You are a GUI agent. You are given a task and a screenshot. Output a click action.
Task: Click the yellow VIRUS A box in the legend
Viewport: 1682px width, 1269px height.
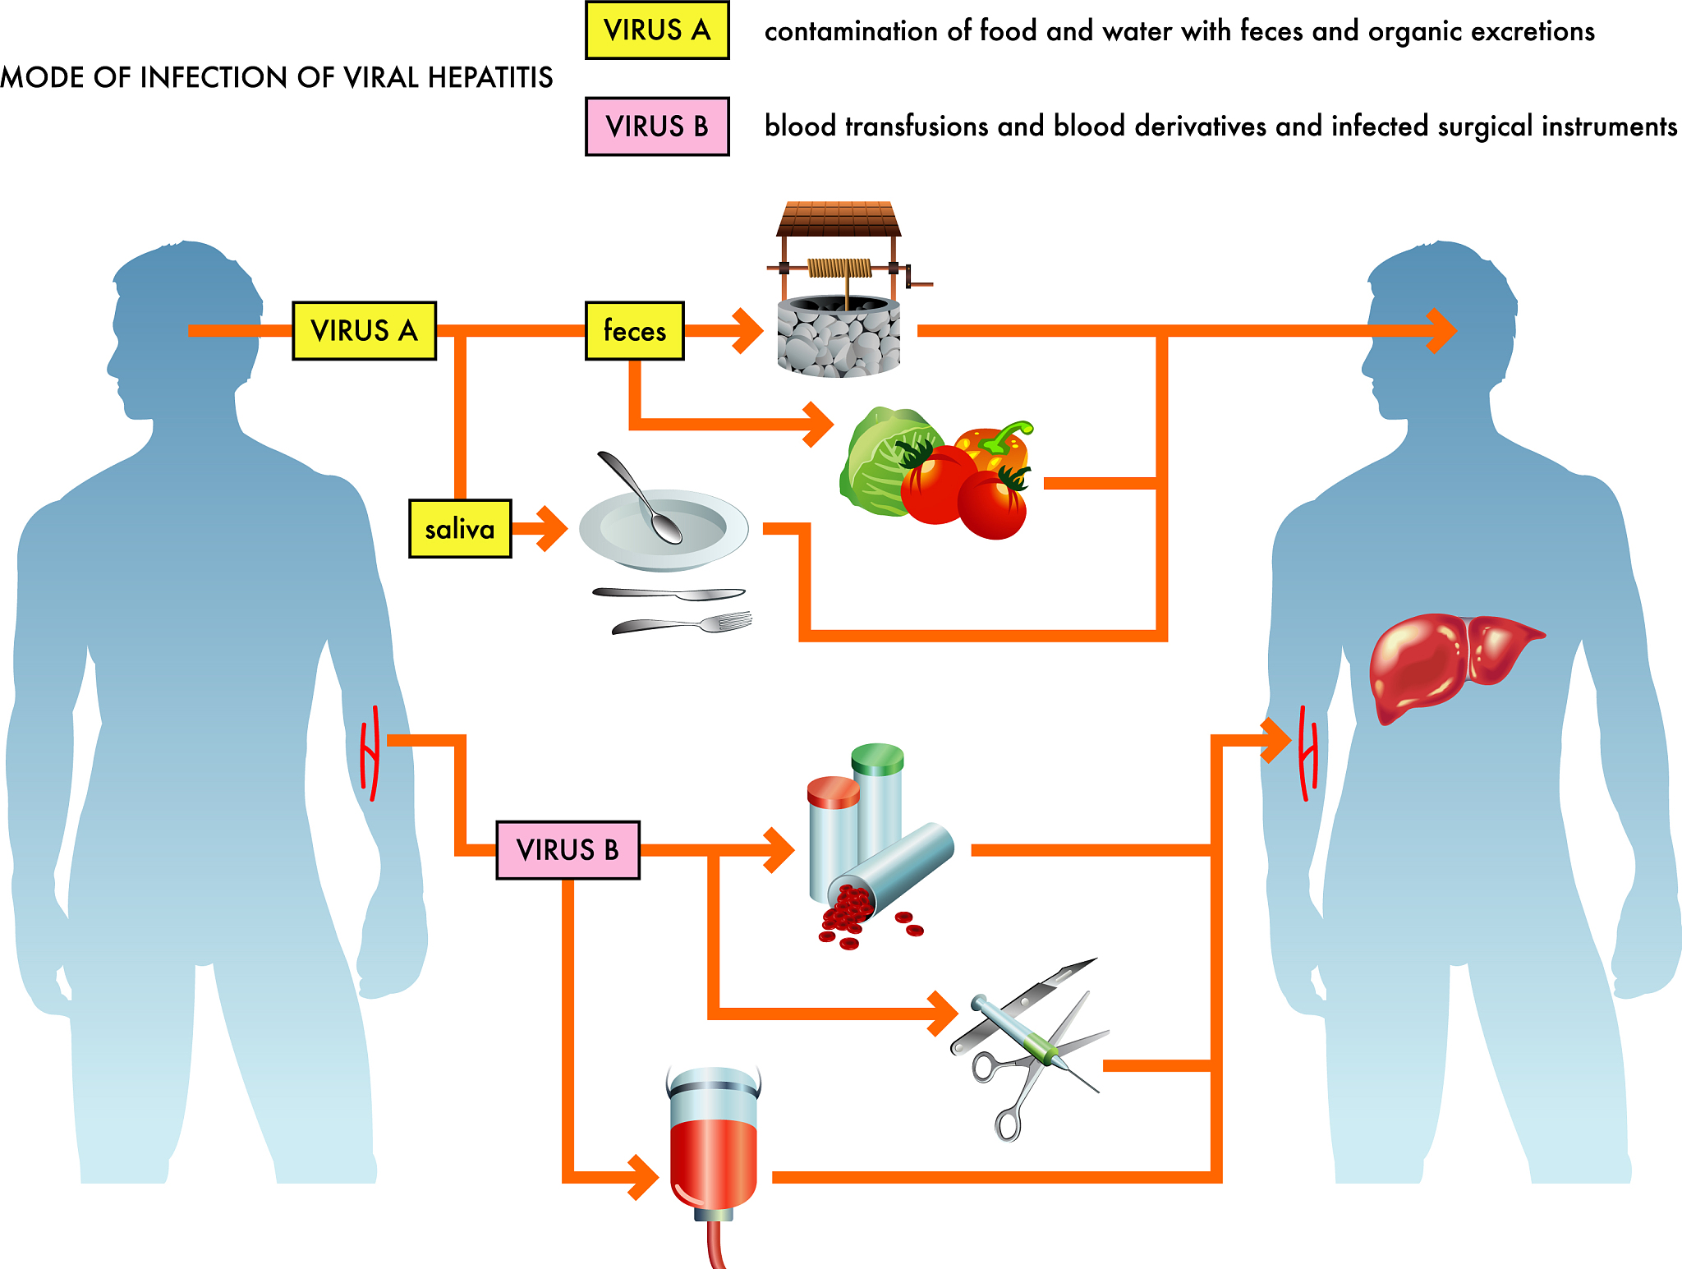tap(657, 30)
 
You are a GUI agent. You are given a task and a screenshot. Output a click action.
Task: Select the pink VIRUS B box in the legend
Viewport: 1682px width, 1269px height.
tap(657, 126)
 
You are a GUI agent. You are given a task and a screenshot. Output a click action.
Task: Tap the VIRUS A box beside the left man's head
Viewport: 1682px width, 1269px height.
tap(364, 331)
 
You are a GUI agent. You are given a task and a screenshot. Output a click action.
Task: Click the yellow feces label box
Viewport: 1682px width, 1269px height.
tap(634, 331)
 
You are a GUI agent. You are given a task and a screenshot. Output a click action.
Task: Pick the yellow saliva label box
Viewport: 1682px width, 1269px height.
tap(460, 529)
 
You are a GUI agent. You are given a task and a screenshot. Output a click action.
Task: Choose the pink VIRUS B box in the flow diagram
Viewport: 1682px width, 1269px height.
tap(568, 850)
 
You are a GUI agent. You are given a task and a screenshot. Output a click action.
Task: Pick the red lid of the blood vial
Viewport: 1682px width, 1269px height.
tap(833, 791)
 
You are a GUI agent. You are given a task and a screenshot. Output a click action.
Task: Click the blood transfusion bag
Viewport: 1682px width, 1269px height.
tap(714, 1150)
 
